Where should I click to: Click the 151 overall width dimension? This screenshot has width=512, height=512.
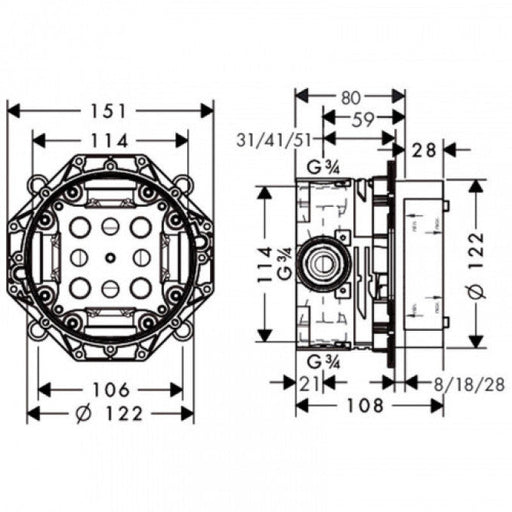tap(111, 108)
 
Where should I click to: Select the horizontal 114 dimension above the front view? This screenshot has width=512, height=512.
tap(111, 141)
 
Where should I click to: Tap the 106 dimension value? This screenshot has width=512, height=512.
tap(110, 389)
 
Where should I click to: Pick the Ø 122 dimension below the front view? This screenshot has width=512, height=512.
tap(110, 413)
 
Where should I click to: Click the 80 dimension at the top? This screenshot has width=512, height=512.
tap(350, 98)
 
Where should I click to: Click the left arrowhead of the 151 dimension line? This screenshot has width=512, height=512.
tap(10, 108)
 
